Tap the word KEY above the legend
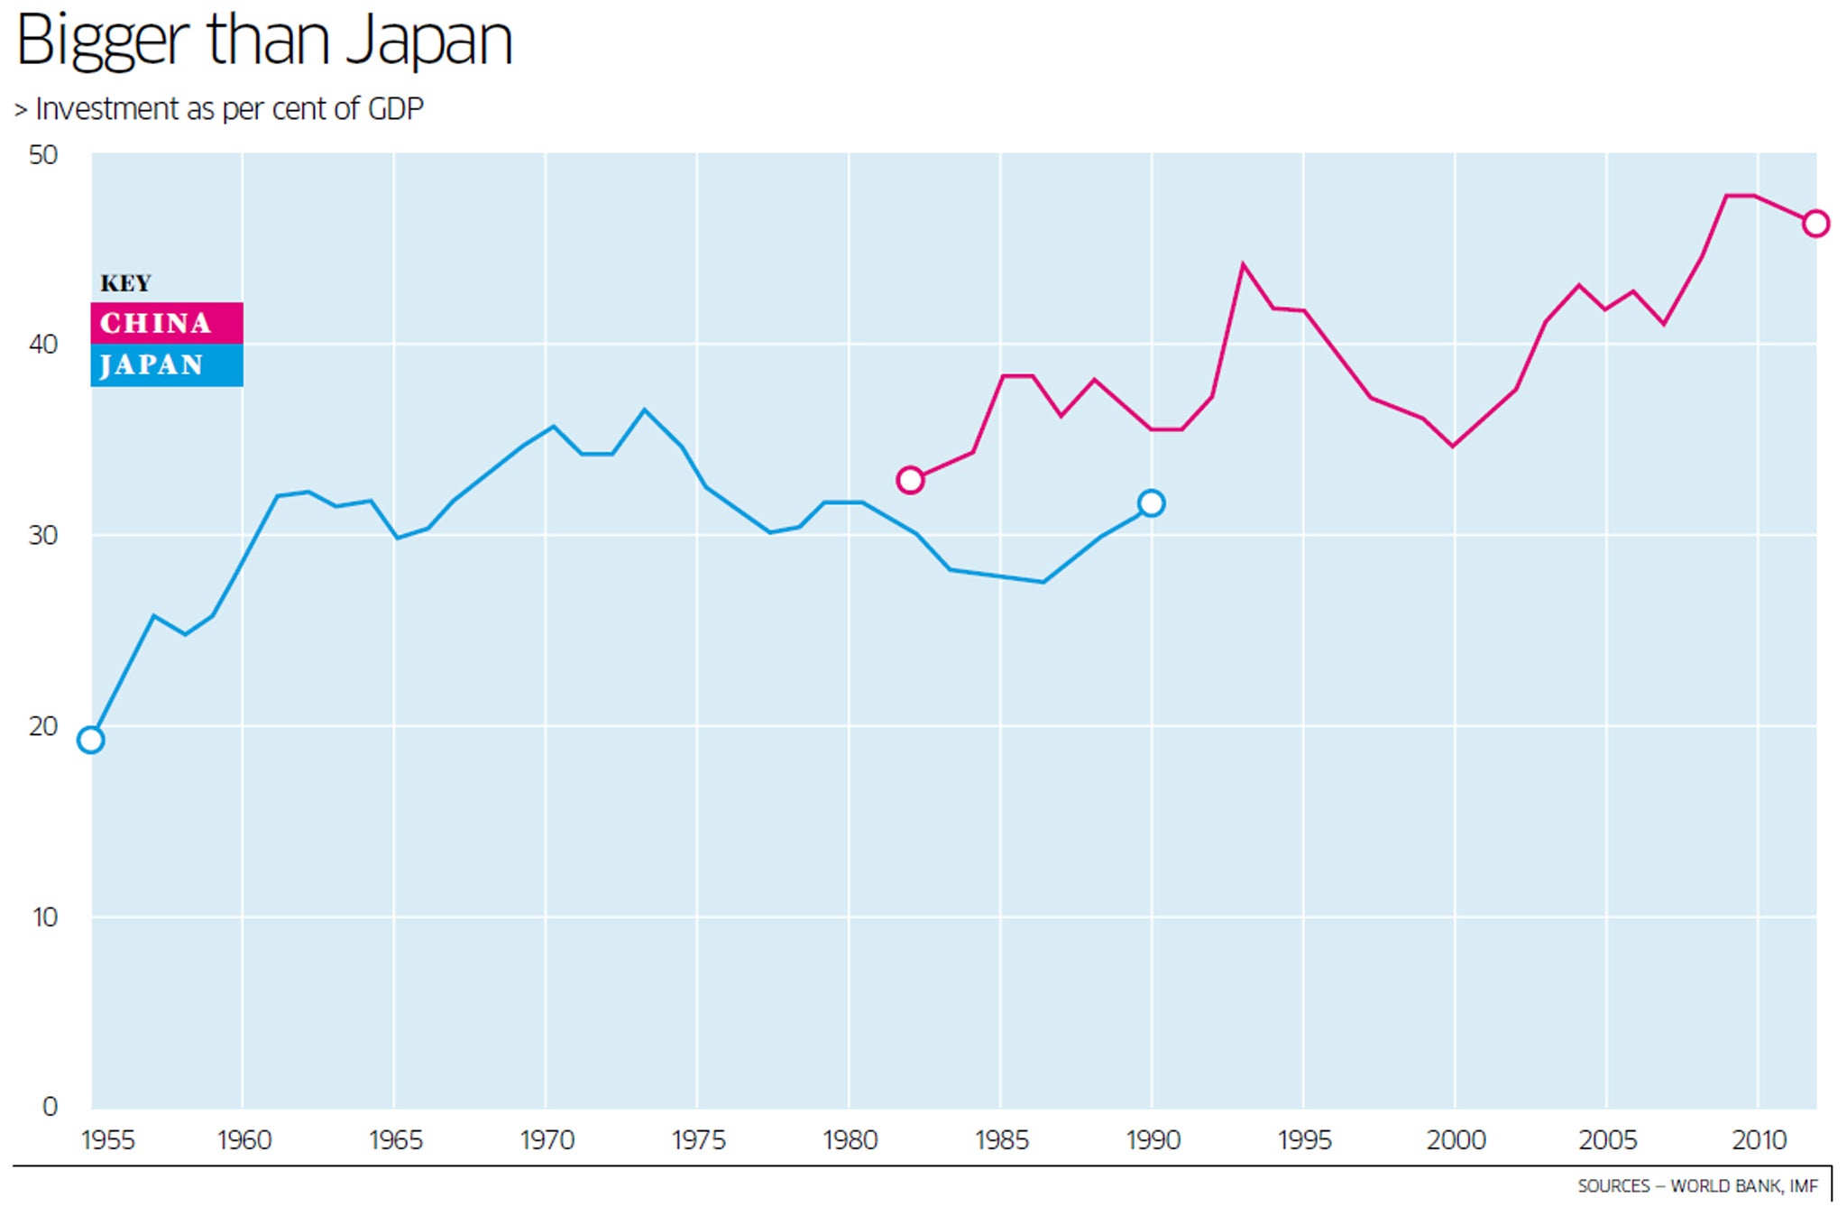coord(125,283)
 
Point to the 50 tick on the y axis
coord(43,155)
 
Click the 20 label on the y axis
coord(43,726)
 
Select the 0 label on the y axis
coord(50,1107)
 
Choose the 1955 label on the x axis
coord(108,1140)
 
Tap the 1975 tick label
coord(698,1140)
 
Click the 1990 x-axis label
coord(1153,1140)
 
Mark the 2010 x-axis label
coord(1759,1140)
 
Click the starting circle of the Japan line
coord(91,740)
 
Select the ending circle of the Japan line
coord(1151,503)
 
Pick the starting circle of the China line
coord(910,480)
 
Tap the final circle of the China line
coord(1815,224)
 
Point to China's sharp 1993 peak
coord(1243,265)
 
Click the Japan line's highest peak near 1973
coord(644,410)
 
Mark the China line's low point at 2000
coord(1453,446)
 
